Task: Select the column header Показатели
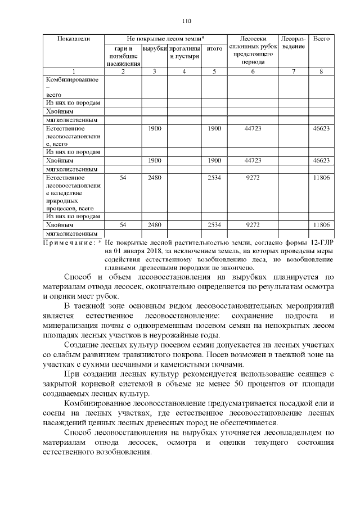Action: [74, 39]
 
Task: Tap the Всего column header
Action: [321, 39]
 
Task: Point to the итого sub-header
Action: [214, 49]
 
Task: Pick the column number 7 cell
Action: [294, 71]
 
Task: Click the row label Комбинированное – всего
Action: [72, 87]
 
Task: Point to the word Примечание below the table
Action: [70, 242]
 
